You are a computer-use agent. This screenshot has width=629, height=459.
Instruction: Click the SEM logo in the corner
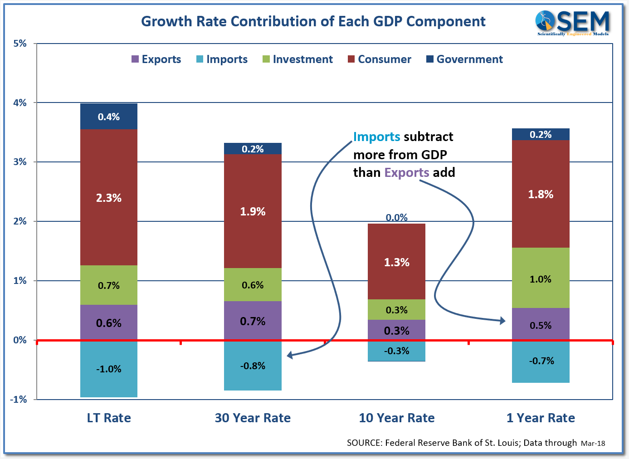[573, 23]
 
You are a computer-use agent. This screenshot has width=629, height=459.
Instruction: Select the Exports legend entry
[156, 59]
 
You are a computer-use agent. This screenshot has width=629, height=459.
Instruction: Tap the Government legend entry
[464, 59]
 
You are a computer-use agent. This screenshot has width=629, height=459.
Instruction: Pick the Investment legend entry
[297, 59]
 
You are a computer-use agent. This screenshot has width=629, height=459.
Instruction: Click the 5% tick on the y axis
[20, 44]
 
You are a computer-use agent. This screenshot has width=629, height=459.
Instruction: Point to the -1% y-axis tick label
[19, 400]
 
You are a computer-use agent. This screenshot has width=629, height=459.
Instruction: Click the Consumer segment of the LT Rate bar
[109, 197]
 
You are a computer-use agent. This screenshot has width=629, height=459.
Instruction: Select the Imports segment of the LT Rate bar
[109, 369]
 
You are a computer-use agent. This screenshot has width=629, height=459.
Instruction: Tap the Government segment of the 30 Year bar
[253, 149]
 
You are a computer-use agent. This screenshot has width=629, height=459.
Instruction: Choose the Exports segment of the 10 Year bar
[396, 330]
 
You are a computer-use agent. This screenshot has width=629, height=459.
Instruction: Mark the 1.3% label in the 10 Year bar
[396, 262]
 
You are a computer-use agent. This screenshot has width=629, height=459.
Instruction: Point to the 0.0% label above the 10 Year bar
[396, 218]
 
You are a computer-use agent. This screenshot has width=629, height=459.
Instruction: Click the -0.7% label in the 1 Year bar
[541, 361]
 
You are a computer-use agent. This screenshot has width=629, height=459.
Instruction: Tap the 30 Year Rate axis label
[253, 418]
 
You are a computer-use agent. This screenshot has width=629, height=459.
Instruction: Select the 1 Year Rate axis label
[541, 418]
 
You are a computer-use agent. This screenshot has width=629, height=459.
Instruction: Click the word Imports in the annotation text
[376, 137]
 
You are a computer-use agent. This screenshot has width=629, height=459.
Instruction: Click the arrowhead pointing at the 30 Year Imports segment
[290, 356]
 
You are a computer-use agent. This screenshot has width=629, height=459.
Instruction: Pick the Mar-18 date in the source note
[593, 443]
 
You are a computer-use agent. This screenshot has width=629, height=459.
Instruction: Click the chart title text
[313, 21]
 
